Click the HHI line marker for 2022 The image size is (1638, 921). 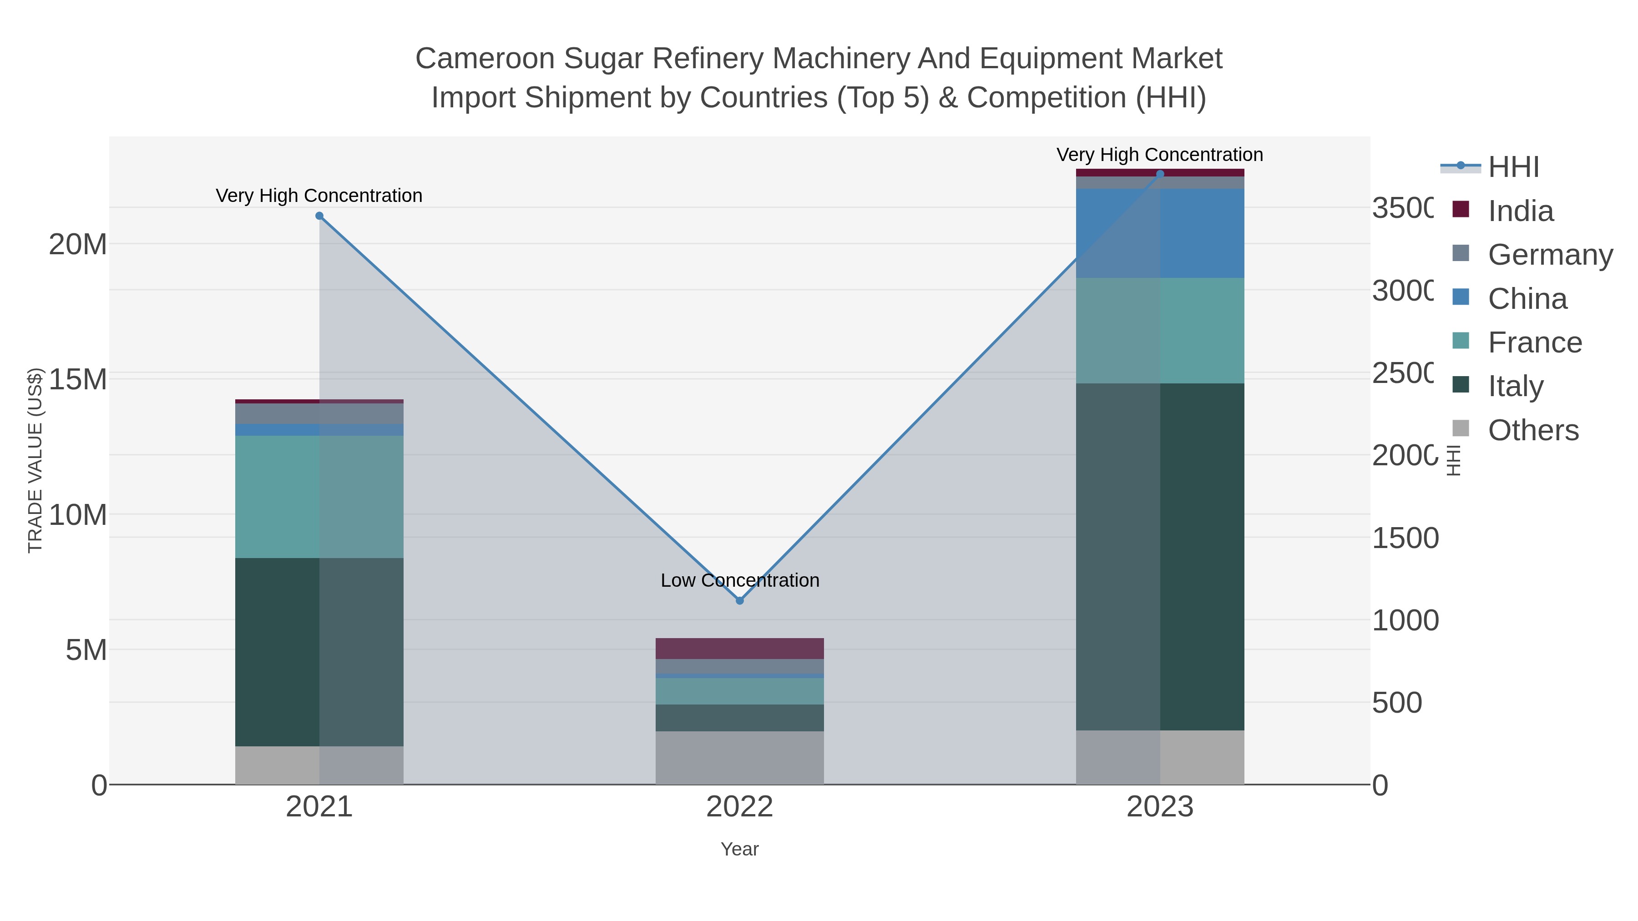[739, 601]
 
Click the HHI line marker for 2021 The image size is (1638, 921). [319, 216]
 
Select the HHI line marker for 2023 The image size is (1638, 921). [1160, 174]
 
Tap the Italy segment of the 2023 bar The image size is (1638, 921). [1160, 556]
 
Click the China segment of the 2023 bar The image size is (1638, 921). [1160, 233]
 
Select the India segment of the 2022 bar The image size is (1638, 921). [739, 648]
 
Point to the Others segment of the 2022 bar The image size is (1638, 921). [739, 758]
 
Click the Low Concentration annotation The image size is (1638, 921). [739, 580]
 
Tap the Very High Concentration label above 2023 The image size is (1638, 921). [1159, 155]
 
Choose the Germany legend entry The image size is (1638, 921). [1550, 255]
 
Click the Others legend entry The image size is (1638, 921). [1532, 430]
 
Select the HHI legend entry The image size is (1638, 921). [1513, 167]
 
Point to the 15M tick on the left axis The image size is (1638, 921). [77, 379]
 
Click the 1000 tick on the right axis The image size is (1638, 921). [1405, 620]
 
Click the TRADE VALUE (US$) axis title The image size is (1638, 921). [35, 460]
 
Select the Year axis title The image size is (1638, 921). [739, 849]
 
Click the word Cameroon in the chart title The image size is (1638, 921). [485, 59]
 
